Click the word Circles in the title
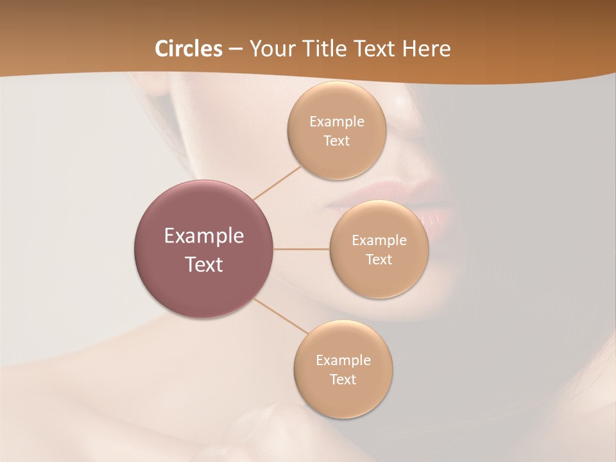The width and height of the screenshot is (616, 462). (188, 49)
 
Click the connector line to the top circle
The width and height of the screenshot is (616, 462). (277, 183)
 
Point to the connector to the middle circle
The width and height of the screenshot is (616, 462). (302, 249)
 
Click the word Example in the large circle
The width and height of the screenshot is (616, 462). (204, 236)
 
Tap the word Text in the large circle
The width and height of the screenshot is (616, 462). (204, 264)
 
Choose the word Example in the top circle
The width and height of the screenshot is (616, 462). (336, 122)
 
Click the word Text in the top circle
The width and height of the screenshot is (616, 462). (336, 141)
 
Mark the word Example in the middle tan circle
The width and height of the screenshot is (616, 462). (379, 241)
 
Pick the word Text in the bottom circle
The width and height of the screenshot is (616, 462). (343, 379)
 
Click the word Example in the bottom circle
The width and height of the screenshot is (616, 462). (343, 361)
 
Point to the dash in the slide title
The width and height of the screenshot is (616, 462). (235, 49)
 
